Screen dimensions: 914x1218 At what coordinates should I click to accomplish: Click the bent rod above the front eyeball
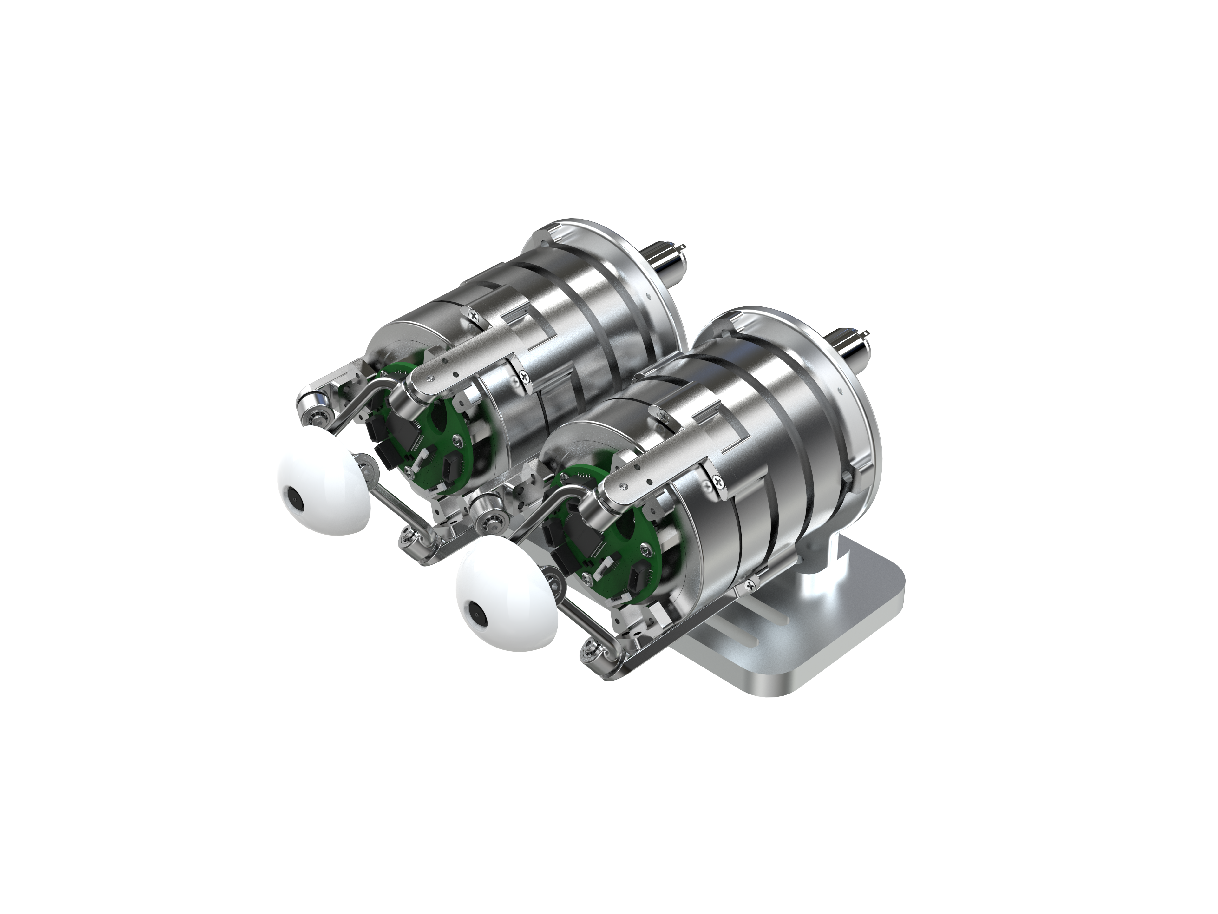click(542, 507)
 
